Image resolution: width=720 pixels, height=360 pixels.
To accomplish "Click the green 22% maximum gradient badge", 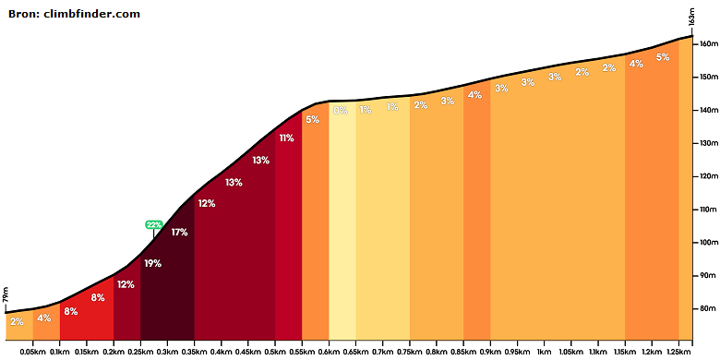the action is [154, 224].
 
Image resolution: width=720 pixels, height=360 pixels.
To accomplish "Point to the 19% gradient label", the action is [152, 264].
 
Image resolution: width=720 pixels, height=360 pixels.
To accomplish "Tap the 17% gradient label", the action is [179, 233].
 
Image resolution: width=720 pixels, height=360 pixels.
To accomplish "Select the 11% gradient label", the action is [286, 138].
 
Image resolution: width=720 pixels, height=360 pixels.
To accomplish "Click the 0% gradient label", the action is [341, 110].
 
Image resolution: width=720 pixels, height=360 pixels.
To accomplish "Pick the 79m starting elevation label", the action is [6, 295].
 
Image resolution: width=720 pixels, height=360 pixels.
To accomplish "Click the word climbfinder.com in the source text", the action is [91, 14].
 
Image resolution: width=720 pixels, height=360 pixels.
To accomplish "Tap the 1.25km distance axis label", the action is [678, 352].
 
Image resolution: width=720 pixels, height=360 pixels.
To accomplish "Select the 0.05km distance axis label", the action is [32, 352].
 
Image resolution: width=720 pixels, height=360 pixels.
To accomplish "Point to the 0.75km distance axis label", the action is [410, 352].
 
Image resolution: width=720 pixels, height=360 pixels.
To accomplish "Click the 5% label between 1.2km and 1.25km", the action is [663, 57].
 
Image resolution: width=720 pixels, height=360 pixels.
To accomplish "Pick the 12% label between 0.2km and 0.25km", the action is [126, 284].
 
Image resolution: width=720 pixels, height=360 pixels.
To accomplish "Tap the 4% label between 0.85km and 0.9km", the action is [474, 95].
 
